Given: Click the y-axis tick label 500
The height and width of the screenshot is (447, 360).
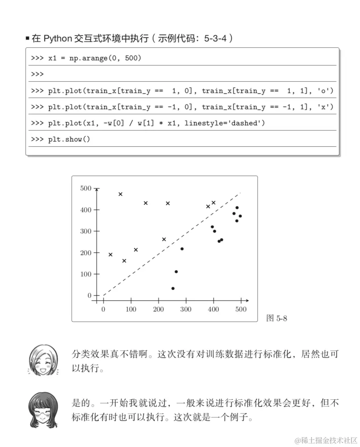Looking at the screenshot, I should click(85, 188).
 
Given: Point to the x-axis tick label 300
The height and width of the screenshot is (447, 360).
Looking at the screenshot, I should click(186, 309).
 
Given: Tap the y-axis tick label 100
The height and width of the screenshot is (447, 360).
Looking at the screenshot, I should click(85, 274).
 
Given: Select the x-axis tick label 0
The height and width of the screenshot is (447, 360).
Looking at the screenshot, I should click(103, 309).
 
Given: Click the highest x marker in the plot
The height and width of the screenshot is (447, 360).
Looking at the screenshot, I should click(121, 194).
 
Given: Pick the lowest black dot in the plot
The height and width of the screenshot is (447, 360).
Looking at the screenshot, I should click(173, 289).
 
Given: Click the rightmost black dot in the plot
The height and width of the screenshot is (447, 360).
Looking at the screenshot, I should click(240, 216).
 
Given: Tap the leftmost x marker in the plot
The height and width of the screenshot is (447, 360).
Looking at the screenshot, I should click(110, 255).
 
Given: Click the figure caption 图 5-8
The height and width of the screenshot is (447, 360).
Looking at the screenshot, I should click(277, 318).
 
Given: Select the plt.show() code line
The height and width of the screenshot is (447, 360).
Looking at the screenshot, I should click(69, 140).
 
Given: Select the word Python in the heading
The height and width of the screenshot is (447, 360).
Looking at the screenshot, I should click(58, 39).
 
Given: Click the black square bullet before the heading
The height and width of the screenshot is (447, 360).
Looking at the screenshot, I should click(28, 39).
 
